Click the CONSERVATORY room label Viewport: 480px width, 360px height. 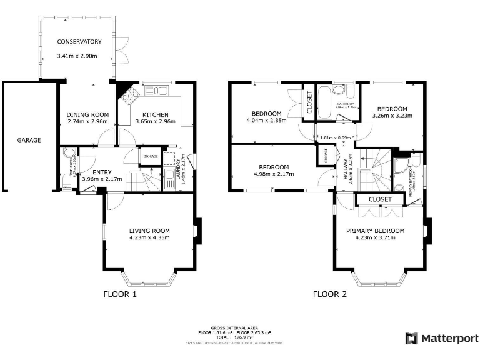click(79, 42)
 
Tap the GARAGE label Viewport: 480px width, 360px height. click(29, 140)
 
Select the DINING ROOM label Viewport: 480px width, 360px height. click(87, 114)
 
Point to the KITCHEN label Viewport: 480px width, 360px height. click(155, 114)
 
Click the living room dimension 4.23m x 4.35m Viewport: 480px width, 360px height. click(149, 237)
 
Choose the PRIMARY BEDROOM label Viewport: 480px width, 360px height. click(375, 231)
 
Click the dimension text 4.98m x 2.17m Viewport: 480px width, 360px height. click(274, 174)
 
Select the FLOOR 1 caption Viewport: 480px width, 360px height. click(119, 294)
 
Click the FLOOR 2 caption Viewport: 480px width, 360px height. click(329, 294)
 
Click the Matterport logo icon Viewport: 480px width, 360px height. click(411, 338)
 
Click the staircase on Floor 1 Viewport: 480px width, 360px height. click(150, 182)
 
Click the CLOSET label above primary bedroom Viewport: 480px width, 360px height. click(379, 199)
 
